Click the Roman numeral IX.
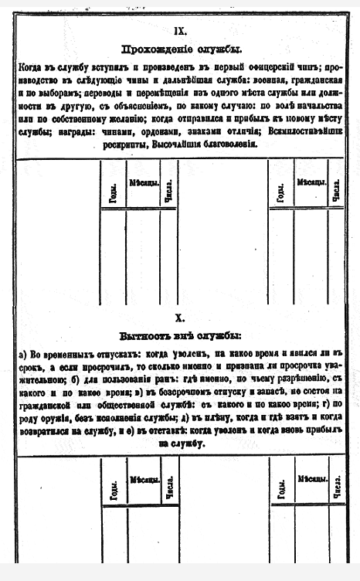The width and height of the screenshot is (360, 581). (180, 30)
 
